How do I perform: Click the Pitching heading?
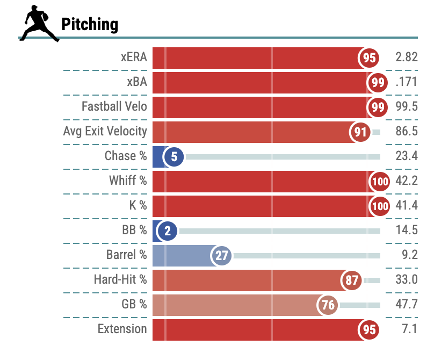[90, 24]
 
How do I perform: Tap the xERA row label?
[134, 57]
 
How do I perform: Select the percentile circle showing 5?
[173, 156]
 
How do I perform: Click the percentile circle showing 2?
[168, 231]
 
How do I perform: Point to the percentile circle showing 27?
[221, 256]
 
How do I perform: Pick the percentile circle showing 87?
[352, 280]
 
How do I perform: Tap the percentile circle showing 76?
[328, 305]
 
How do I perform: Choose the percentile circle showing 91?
[360, 132]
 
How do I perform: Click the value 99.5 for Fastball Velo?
[406, 107]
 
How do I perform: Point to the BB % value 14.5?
[406, 231]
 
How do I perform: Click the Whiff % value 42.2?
[406, 181]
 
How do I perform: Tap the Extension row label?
[122, 329]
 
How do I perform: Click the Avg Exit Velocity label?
[105, 132]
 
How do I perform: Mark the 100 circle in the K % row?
[379, 206]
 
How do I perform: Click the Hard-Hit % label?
[120, 280]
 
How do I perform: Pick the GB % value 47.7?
[406, 305]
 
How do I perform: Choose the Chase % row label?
[126, 156]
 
